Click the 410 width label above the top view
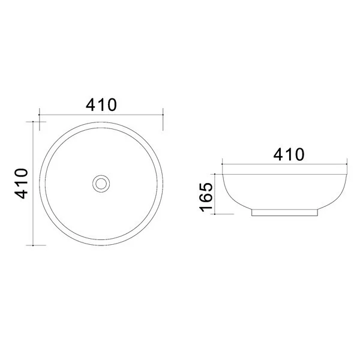coord(101,105)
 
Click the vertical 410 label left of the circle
coord(22,184)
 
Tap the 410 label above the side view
coord(289,154)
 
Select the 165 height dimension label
coord(206,197)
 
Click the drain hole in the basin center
coord(101,184)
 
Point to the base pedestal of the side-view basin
coord(284,212)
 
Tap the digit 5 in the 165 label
coord(206,187)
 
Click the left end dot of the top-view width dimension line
coord(39,115)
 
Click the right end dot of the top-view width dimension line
coord(163,115)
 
